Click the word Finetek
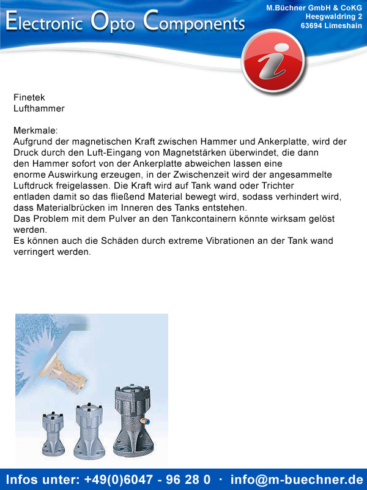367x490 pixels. pos(29,97)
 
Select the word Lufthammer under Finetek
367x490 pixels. pos(39,108)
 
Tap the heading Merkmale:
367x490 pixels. pos(35,130)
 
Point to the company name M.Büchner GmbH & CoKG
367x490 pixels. pos(314,7)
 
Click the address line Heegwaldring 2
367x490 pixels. pos(333,17)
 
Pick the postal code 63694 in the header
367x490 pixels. pos(313,26)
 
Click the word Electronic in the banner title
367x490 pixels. pos(45,23)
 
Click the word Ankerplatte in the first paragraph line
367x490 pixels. pos(308,141)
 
